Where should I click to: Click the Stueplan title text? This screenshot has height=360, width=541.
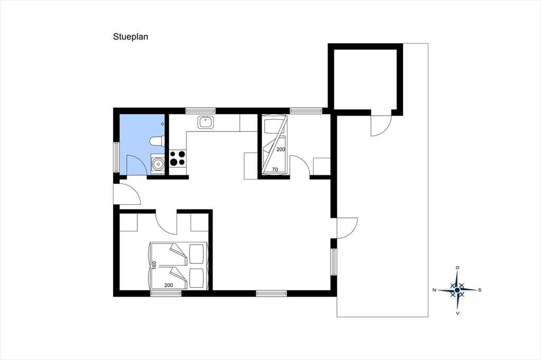[x=130, y=37]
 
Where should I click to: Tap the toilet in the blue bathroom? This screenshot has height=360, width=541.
[x=157, y=141]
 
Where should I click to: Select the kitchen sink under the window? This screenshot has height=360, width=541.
[x=206, y=122]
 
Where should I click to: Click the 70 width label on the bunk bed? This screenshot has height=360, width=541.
[x=275, y=169]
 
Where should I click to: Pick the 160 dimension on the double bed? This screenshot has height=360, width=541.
[x=154, y=265]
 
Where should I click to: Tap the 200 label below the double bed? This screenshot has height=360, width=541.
[x=169, y=285]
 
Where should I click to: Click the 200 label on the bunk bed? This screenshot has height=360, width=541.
[x=281, y=150]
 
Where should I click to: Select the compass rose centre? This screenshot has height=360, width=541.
[x=457, y=290]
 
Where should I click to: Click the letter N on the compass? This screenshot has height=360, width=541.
[x=434, y=290]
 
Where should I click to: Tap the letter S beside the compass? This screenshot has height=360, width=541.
[x=480, y=290]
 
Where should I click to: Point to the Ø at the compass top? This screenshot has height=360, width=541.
[x=458, y=268]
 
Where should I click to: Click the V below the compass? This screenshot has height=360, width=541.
[x=458, y=314]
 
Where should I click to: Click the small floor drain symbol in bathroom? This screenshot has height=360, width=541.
[x=163, y=124]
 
